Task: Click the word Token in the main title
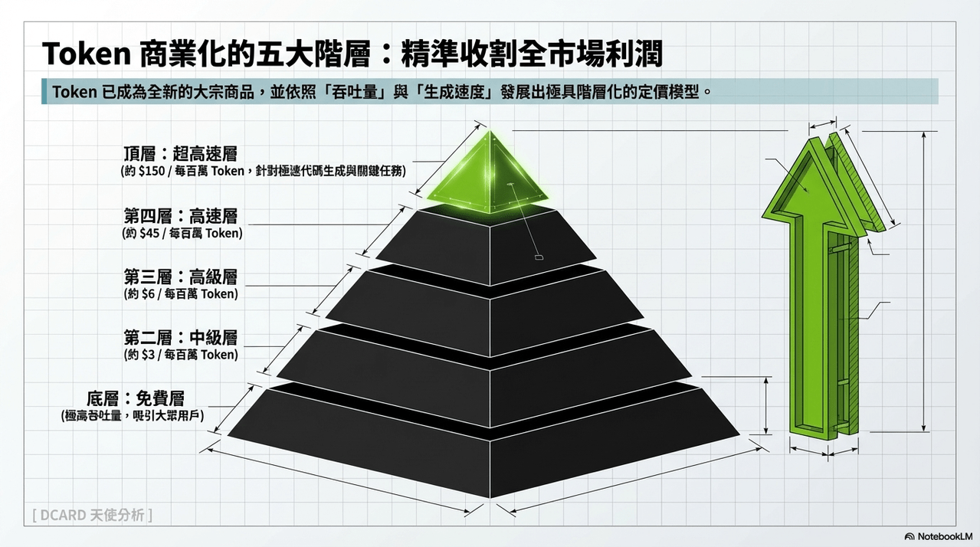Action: pos(86,54)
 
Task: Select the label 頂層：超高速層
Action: pos(180,153)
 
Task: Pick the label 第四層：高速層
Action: pos(180,216)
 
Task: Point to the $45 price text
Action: pos(149,233)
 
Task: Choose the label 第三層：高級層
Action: pos(180,277)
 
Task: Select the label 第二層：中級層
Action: pos(180,338)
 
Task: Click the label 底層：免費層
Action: pos(135,398)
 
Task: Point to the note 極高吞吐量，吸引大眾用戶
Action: pos(133,415)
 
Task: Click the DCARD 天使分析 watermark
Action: pos(92,515)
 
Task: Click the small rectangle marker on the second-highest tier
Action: pos(539,257)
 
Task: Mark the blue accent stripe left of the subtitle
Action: pos(44,91)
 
